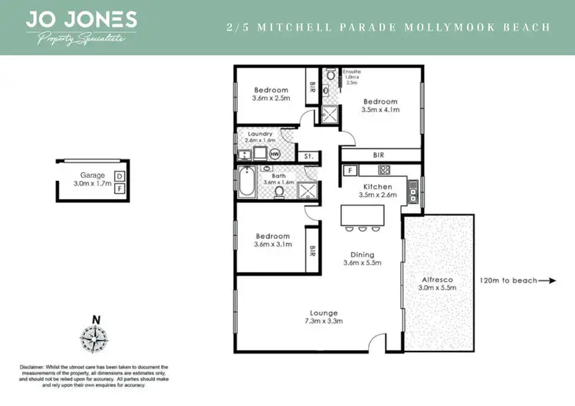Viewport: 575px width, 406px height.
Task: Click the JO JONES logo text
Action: tap(81, 19)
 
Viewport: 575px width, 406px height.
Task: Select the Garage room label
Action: tap(92, 175)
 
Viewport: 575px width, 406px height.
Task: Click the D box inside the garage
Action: tap(120, 176)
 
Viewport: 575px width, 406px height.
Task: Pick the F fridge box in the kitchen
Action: tap(349, 170)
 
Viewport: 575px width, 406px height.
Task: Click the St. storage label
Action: tap(307, 156)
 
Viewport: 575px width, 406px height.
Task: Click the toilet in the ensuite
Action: tap(330, 76)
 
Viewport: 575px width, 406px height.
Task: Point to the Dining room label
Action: tap(362, 255)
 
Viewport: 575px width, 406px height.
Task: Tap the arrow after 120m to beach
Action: tap(547, 281)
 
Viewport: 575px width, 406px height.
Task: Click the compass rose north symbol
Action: tap(94, 337)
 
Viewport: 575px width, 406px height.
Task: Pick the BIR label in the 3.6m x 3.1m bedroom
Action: tap(312, 250)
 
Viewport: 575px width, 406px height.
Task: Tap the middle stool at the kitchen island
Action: tap(362, 228)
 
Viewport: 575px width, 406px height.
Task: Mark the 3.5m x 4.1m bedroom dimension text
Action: tap(380, 110)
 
